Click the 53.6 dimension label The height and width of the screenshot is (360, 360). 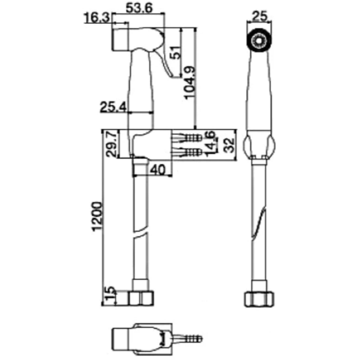139,8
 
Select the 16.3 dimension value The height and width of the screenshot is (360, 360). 97,18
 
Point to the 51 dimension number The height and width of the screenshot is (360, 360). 176,52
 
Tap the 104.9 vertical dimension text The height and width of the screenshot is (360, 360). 190,83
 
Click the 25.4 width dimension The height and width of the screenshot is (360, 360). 113,107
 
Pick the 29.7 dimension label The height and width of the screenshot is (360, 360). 112,144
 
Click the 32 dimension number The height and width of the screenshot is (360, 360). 229,145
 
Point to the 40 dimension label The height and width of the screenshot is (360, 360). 158,170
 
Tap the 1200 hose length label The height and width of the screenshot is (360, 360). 97,216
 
